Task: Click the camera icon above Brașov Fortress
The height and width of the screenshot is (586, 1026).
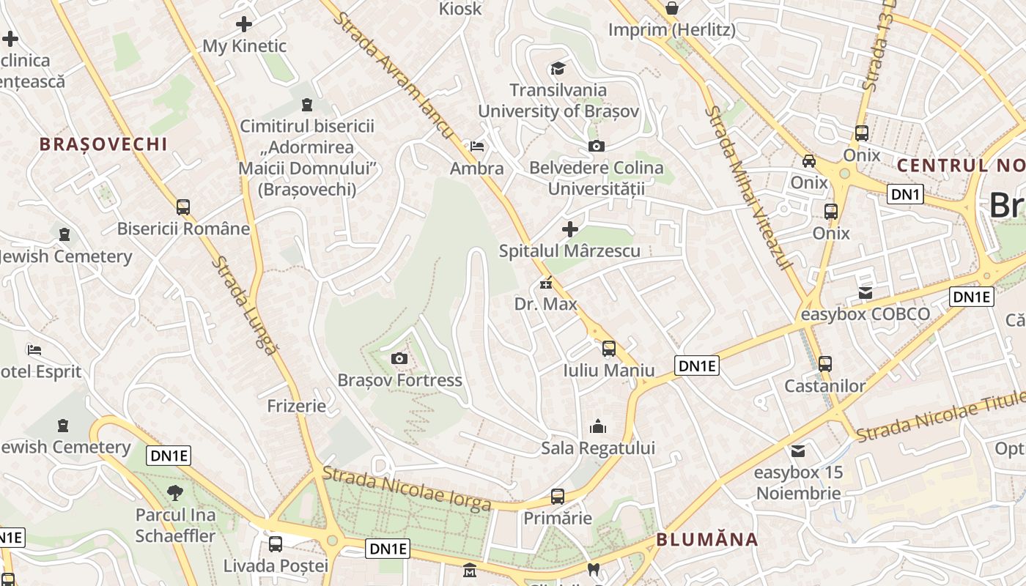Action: pos(399,358)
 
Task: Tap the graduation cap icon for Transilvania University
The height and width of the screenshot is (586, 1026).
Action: pos(558,69)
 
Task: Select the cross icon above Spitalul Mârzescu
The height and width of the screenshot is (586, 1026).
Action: pos(569,229)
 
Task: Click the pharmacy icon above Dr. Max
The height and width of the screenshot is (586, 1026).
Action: pos(546,283)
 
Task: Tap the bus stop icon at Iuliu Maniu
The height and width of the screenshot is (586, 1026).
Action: pos(609,349)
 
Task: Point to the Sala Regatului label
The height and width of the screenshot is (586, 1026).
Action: pos(598,448)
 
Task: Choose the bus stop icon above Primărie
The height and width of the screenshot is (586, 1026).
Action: pos(558,497)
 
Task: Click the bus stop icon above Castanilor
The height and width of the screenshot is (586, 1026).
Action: pos(825,364)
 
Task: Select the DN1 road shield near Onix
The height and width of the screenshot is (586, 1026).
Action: pos(905,194)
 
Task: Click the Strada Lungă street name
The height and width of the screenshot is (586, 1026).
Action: pos(246,306)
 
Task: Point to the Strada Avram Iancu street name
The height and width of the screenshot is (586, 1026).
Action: pos(395,74)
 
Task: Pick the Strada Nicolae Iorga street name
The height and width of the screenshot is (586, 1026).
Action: pos(407,489)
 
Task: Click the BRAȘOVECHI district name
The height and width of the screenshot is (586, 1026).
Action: pos(103,144)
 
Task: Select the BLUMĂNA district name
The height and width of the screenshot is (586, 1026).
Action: pos(706,540)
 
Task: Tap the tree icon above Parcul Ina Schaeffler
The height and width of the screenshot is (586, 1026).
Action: pos(175,492)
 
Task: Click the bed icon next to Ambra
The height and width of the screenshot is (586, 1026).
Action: pos(477,146)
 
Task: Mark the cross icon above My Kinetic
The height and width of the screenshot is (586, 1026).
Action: pos(244,24)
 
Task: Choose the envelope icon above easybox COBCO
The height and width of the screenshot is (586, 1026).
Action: pos(866,293)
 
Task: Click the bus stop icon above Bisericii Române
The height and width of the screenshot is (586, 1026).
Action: pos(183,207)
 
